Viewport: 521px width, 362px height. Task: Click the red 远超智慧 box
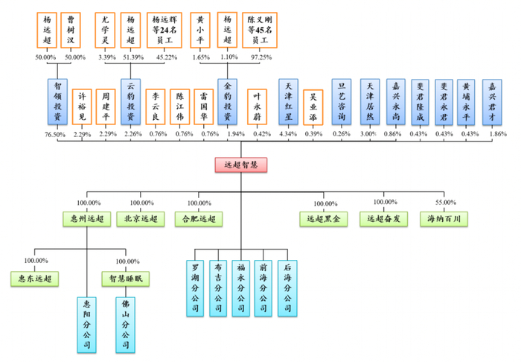(x=240, y=165)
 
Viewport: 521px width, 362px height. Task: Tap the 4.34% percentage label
(x=289, y=134)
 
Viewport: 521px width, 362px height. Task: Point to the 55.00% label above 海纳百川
(x=446, y=203)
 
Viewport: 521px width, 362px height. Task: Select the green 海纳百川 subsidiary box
(x=446, y=219)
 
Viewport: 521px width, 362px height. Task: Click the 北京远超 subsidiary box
(x=141, y=219)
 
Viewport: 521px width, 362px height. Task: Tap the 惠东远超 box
(x=36, y=279)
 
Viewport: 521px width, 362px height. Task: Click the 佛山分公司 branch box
(x=125, y=325)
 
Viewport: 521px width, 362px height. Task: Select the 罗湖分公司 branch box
(x=195, y=288)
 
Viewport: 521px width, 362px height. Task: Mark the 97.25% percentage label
(x=260, y=57)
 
